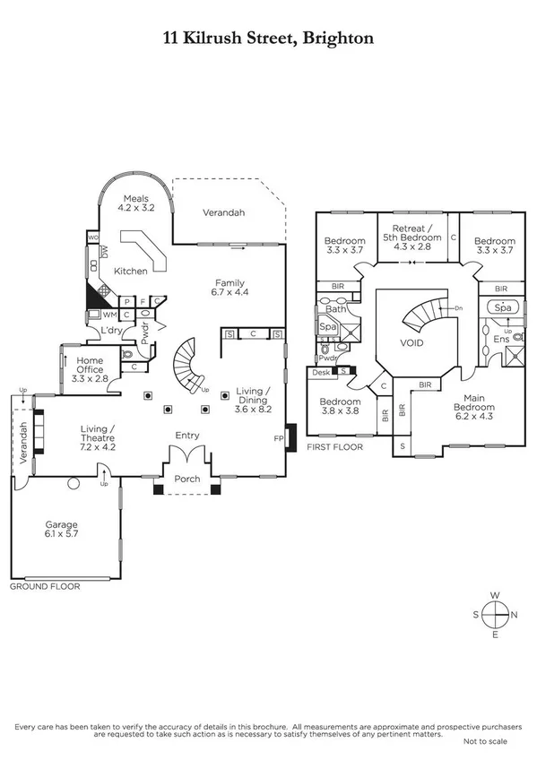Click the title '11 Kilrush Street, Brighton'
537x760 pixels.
268,38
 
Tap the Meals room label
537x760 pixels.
136,203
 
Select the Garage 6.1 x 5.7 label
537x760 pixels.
63,530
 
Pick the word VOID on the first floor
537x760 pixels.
411,343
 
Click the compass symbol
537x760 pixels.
494,615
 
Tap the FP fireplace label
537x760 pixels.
278,438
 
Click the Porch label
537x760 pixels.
186,479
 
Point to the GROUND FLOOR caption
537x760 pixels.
44,587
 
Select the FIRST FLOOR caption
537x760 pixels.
334,445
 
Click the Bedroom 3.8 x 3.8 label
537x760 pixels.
342,408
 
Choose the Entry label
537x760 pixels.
186,436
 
